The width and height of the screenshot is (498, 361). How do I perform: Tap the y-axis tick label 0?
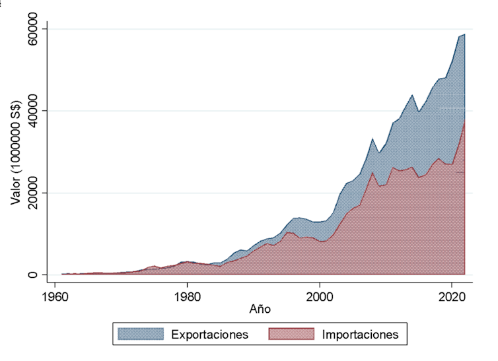click(x=37, y=275)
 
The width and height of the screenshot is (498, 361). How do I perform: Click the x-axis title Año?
click(x=261, y=308)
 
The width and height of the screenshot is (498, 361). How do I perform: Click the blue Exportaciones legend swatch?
click(x=136, y=335)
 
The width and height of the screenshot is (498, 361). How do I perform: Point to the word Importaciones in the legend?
click(x=361, y=335)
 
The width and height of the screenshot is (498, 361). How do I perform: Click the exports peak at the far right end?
click(x=465, y=34)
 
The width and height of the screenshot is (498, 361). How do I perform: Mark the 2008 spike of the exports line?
click(x=373, y=139)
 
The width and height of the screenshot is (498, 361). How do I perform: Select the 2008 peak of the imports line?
click(x=373, y=172)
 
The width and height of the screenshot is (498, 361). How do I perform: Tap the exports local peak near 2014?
click(x=412, y=95)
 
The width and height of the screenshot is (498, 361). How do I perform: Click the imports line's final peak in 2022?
click(x=465, y=121)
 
